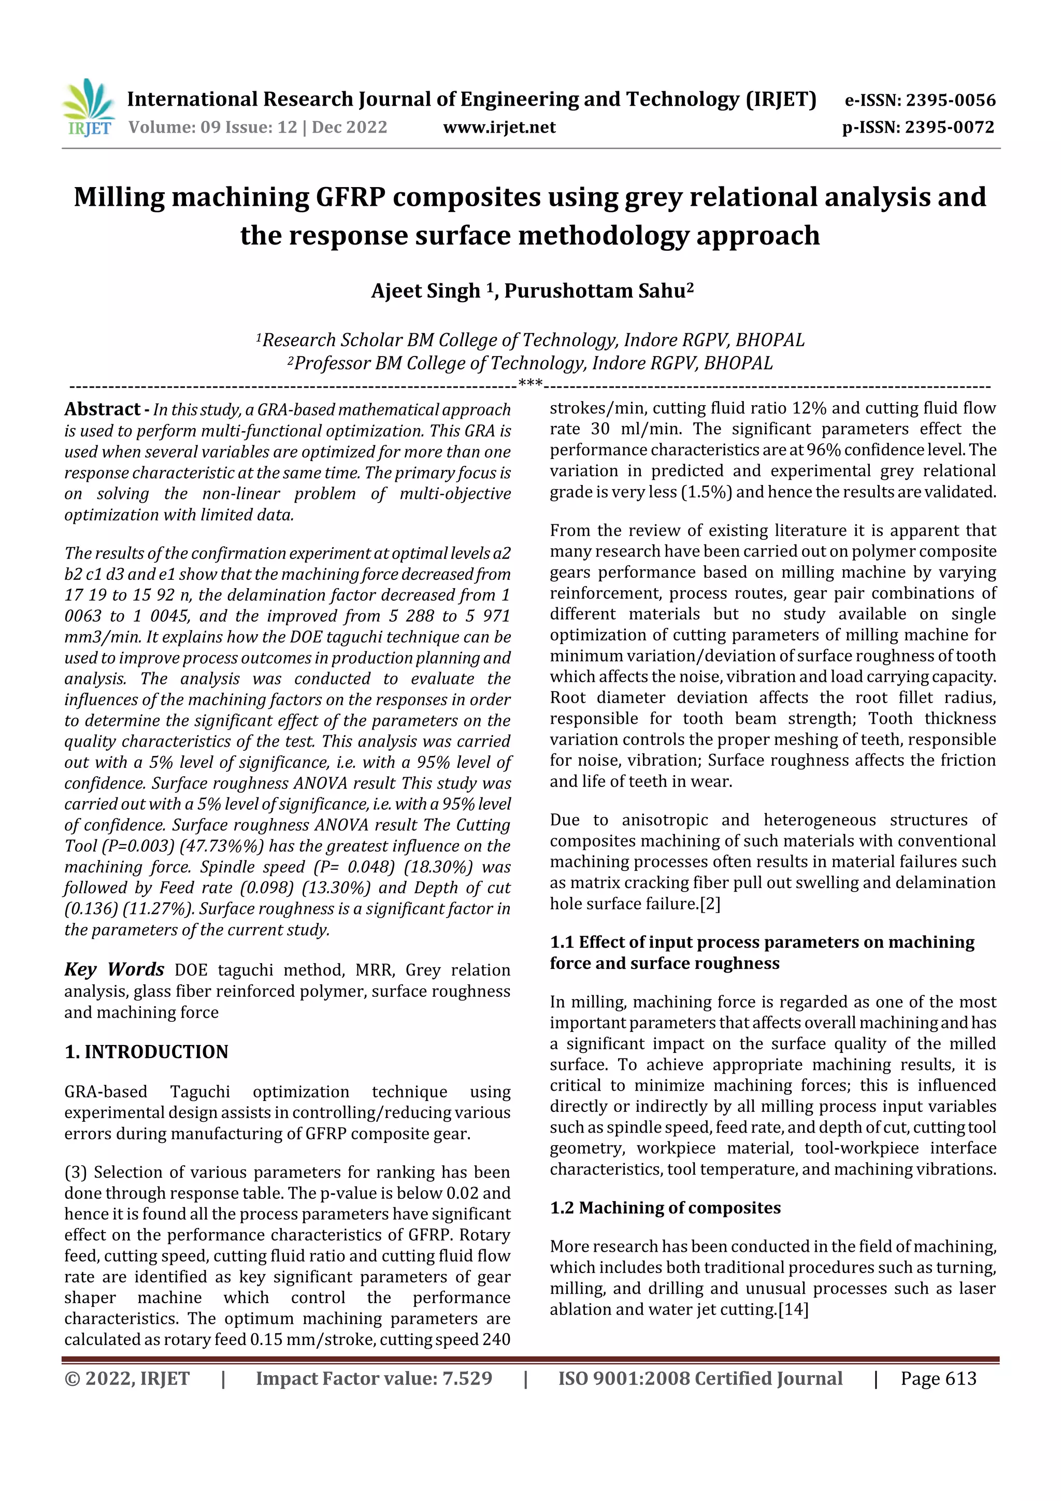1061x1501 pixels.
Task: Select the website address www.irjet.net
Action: tap(499, 127)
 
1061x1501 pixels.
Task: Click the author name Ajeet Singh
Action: tap(425, 291)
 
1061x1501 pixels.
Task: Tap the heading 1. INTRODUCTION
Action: tap(147, 1052)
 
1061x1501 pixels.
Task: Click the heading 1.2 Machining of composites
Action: tap(665, 1207)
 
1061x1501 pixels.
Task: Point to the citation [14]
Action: tap(793, 1309)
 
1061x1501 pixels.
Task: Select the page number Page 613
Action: tap(938, 1379)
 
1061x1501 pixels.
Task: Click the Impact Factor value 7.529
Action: tap(467, 1379)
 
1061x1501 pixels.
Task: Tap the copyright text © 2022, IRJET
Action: tap(127, 1379)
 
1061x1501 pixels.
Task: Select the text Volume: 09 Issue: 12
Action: tap(212, 127)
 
